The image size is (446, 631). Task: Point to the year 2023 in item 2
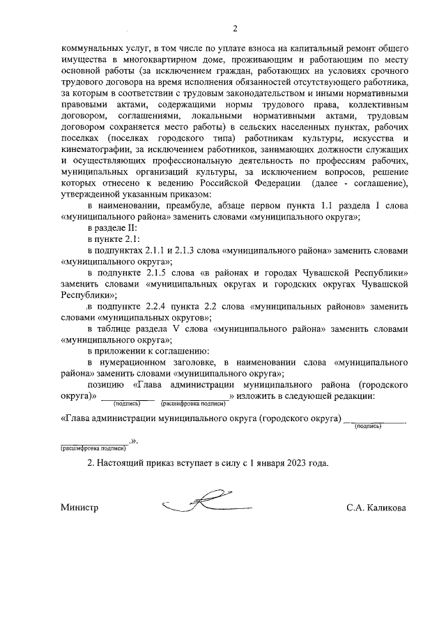289,463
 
